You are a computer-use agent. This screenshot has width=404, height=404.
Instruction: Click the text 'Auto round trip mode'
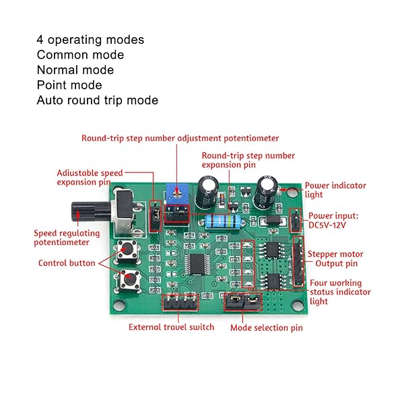98,100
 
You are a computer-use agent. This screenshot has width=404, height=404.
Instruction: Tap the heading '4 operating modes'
90,40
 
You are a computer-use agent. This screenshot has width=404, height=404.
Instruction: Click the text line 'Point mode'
69,85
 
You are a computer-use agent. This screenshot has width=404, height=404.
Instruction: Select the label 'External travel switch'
171,327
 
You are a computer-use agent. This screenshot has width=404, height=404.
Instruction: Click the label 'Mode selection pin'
266,328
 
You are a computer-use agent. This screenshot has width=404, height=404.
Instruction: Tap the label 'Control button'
67,263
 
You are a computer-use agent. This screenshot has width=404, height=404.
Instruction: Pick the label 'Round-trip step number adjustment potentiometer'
180,138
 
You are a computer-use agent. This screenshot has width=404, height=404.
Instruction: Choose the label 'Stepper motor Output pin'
335,259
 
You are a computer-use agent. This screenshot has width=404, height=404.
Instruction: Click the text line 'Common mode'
80,55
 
